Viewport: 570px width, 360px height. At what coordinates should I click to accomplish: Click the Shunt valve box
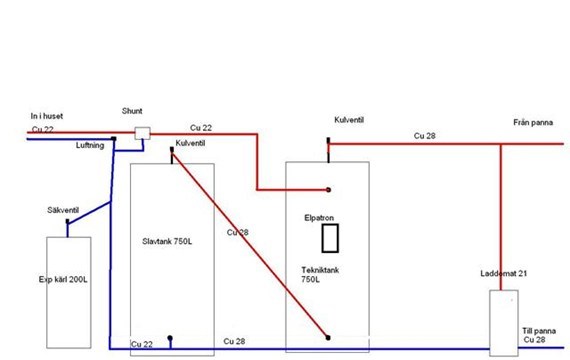142,133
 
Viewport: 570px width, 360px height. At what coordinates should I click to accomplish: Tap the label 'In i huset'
47,116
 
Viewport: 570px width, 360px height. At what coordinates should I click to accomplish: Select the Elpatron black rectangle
330,238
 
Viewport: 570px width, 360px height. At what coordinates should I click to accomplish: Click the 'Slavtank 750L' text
167,241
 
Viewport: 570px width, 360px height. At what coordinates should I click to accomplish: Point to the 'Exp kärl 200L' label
63,280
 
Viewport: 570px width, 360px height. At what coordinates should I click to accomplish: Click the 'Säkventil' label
63,210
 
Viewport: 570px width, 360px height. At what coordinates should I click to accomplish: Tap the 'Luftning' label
90,145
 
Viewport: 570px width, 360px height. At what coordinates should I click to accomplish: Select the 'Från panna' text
533,123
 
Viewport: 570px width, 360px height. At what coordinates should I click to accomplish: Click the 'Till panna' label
539,331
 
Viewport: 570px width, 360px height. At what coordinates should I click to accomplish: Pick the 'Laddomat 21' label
503,273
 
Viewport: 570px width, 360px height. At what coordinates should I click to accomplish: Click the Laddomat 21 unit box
504,323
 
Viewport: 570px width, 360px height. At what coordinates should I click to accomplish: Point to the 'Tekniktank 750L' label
320,275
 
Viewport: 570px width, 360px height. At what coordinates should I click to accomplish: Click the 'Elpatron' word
319,218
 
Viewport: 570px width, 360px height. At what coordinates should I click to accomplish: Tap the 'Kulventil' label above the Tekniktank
349,120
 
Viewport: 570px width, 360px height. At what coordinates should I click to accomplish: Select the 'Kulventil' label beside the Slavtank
190,143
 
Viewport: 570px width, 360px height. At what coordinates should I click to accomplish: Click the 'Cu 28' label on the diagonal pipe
237,232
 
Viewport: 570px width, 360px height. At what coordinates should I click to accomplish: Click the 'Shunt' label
132,111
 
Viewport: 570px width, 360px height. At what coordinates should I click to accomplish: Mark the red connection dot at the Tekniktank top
328,189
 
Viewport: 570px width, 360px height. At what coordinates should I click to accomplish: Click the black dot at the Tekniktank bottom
328,338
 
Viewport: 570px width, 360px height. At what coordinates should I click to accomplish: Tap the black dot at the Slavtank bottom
170,338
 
